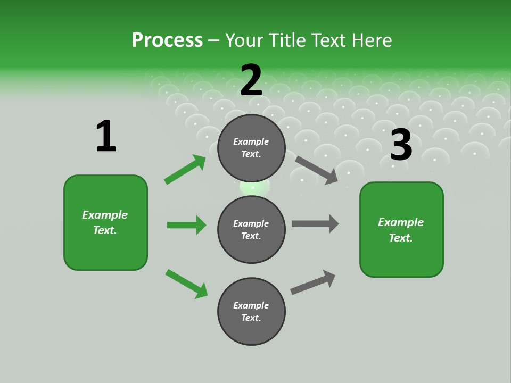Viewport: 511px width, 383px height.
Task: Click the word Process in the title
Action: [x=167, y=40]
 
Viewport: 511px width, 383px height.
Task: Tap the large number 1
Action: [x=106, y=136]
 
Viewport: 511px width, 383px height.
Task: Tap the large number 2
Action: [x=251, y=80]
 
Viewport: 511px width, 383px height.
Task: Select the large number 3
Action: [x=401, y=145]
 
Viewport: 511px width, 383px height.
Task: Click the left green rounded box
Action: [x=105, y=222]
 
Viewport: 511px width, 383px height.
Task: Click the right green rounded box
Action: [x=401, y=230]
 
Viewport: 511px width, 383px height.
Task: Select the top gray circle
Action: [x=251, y=148]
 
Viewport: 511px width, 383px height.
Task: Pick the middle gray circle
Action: [x=251, y=229]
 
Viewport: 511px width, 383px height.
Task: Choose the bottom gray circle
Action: [x=251, y=311]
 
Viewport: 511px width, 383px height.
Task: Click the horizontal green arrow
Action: [x=187, y=225]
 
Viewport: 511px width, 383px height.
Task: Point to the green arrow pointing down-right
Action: [x=187, y=284]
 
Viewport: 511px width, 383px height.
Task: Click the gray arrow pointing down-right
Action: [x=317, y=170]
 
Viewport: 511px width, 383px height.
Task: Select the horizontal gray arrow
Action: [x=315, y=223]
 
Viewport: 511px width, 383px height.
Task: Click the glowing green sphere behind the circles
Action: [x=254, y=187]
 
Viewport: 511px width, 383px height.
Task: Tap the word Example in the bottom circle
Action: [x=251, y=305]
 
